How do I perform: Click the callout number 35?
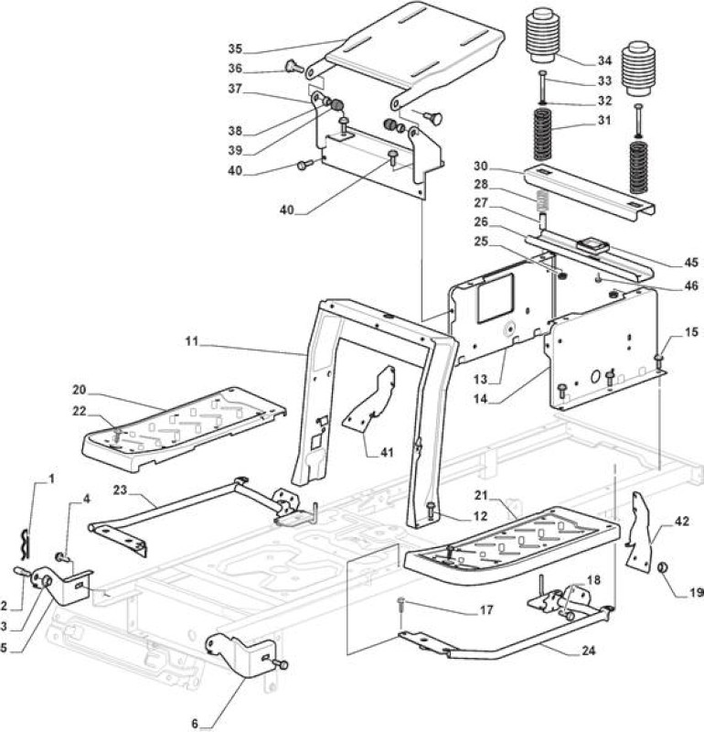pyautogui.click(x=235, y=48)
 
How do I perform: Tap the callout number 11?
pyautogui.click(x=192, y=341)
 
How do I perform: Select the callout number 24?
pyautogui.click(x=589, y=650)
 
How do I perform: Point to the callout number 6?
pyautogui.click(x=195, y=724)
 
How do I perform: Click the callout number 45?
pyautogui.click(x=691, y=262)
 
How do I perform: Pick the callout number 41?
pyautogui.click(x=387, y=452)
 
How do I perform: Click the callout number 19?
pyautogui.click(x=696, y=592)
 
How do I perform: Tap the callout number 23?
pyautogui.click(x=120, y=490)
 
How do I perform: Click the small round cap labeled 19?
pyautogui.click(x=663, y=568)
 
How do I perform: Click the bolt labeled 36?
pyautogui.click(x=294, y=67)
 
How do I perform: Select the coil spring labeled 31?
pyautogui.click(x=544, y=134)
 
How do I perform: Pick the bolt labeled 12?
pyautogui.click(x=430, y=510)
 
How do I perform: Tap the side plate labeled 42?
pyautogui.click(x=639, y=532)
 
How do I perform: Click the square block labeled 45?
pyautogui.click(x=591, y=245)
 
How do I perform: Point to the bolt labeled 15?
pyautogui.click(x=659, y=362)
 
